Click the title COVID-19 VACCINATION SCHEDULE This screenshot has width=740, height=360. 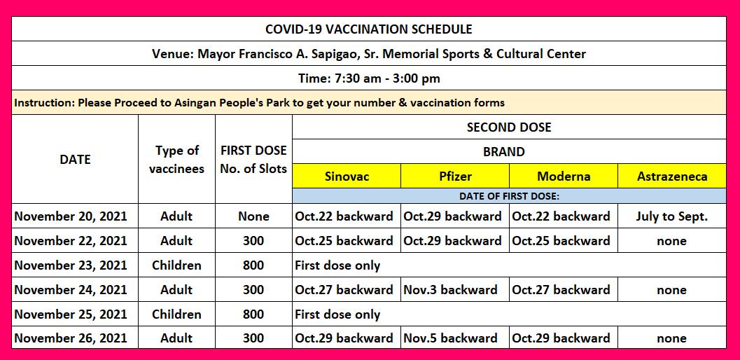[x=368, y=29]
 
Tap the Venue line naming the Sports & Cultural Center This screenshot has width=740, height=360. [x=368, y=54]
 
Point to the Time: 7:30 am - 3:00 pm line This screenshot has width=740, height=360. [x=368, y=78]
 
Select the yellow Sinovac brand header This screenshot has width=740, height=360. [x=347, y=176]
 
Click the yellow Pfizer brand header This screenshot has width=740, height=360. [x=455, y=176]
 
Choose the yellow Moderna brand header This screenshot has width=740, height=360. [x=564, y=176]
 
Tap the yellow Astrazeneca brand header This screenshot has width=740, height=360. [x=672, y=176]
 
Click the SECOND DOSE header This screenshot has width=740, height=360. [x=509, y=127]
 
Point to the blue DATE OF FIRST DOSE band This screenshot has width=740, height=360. [x=509, y=196]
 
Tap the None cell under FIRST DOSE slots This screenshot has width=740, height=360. [x=253, y=216]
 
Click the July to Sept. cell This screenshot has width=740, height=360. [x=672, y=216]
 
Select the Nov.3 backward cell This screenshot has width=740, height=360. [x=455, y=289]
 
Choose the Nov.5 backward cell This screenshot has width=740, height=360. [x=455, y=338]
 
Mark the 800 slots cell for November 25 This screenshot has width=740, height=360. [x=253, y=314]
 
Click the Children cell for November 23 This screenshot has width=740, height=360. [x=176, y=265]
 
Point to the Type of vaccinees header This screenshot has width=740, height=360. [x=176, y=160]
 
